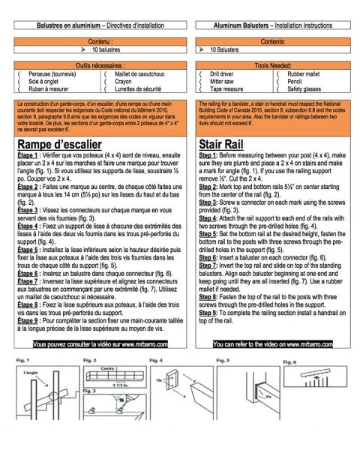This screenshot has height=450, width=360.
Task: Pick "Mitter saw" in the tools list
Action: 226,81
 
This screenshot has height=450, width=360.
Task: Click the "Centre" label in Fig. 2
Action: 104,369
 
